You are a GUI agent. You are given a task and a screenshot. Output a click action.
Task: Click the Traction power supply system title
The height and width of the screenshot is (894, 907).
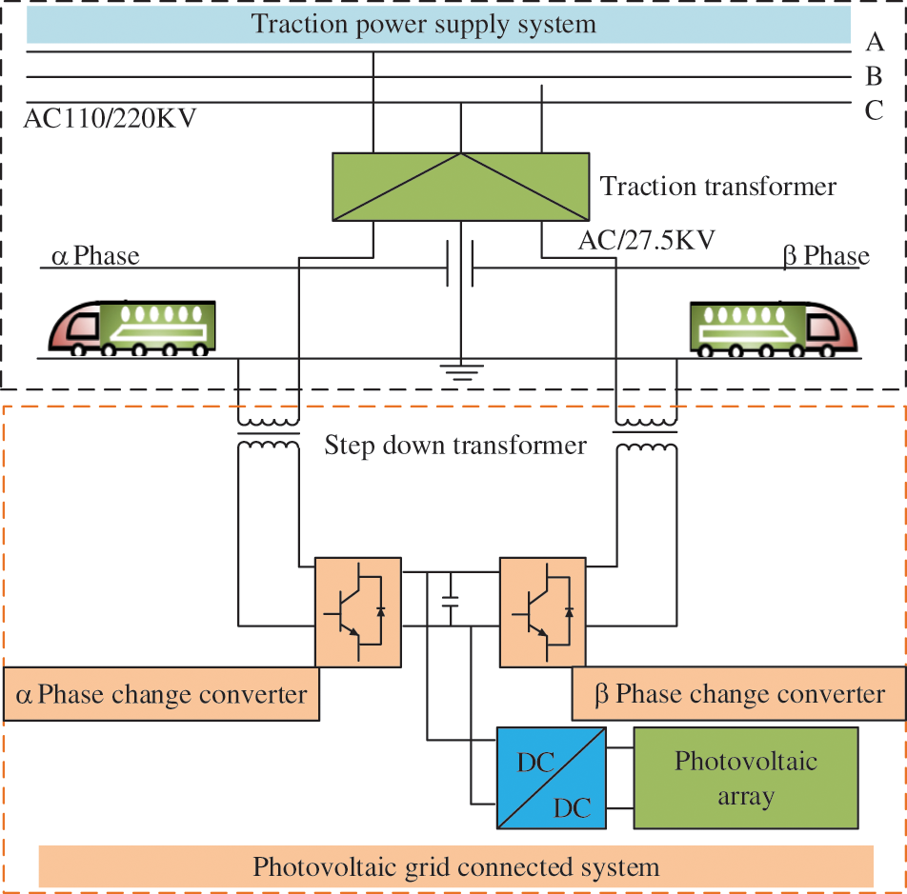tap(423, 24)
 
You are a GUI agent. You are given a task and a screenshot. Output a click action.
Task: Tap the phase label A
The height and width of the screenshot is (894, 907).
tap(875, 42)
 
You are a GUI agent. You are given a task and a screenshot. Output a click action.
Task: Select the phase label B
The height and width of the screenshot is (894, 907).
tap(874, 76)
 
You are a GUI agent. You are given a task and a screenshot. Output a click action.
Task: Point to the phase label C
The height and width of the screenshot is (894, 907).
tap(874, 110)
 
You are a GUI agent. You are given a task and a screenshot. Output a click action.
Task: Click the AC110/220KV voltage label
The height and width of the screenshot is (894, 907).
tap(110, 118)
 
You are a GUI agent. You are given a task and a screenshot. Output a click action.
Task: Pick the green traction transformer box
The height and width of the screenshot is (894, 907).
tap(461, 187)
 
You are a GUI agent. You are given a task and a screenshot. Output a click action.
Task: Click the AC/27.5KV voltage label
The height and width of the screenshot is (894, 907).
tap(647, 240)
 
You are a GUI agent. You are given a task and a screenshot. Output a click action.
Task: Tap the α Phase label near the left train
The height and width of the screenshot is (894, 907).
tap(95, 256)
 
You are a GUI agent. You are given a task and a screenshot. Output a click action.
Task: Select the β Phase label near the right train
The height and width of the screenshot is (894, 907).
tap(826, 256)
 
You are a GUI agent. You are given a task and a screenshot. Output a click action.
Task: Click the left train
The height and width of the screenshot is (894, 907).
tap(132, 328)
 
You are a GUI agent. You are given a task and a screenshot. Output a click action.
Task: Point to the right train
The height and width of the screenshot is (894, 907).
tap(774, 328)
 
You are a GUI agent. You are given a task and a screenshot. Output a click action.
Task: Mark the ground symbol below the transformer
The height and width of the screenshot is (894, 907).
tap(461, 372)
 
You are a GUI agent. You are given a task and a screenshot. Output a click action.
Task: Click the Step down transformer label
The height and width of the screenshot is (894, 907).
tap(455, 446)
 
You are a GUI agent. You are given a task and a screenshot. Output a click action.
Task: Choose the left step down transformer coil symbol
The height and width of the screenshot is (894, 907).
tap(269, 433)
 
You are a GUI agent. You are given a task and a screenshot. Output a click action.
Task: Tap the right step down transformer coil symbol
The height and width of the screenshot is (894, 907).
tap(646, 433)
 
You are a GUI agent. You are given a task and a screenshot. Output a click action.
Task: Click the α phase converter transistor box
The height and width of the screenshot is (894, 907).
tap(358, 612)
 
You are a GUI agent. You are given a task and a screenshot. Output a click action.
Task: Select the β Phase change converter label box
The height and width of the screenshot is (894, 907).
tap(738, 693)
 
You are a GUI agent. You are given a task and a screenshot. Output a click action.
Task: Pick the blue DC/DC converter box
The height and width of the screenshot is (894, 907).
tap(552, 778)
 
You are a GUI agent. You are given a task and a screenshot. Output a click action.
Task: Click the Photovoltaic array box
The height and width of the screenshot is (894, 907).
tap(746, 778)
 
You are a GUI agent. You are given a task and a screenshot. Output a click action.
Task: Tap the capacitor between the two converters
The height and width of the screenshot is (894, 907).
tap(450, 601)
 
